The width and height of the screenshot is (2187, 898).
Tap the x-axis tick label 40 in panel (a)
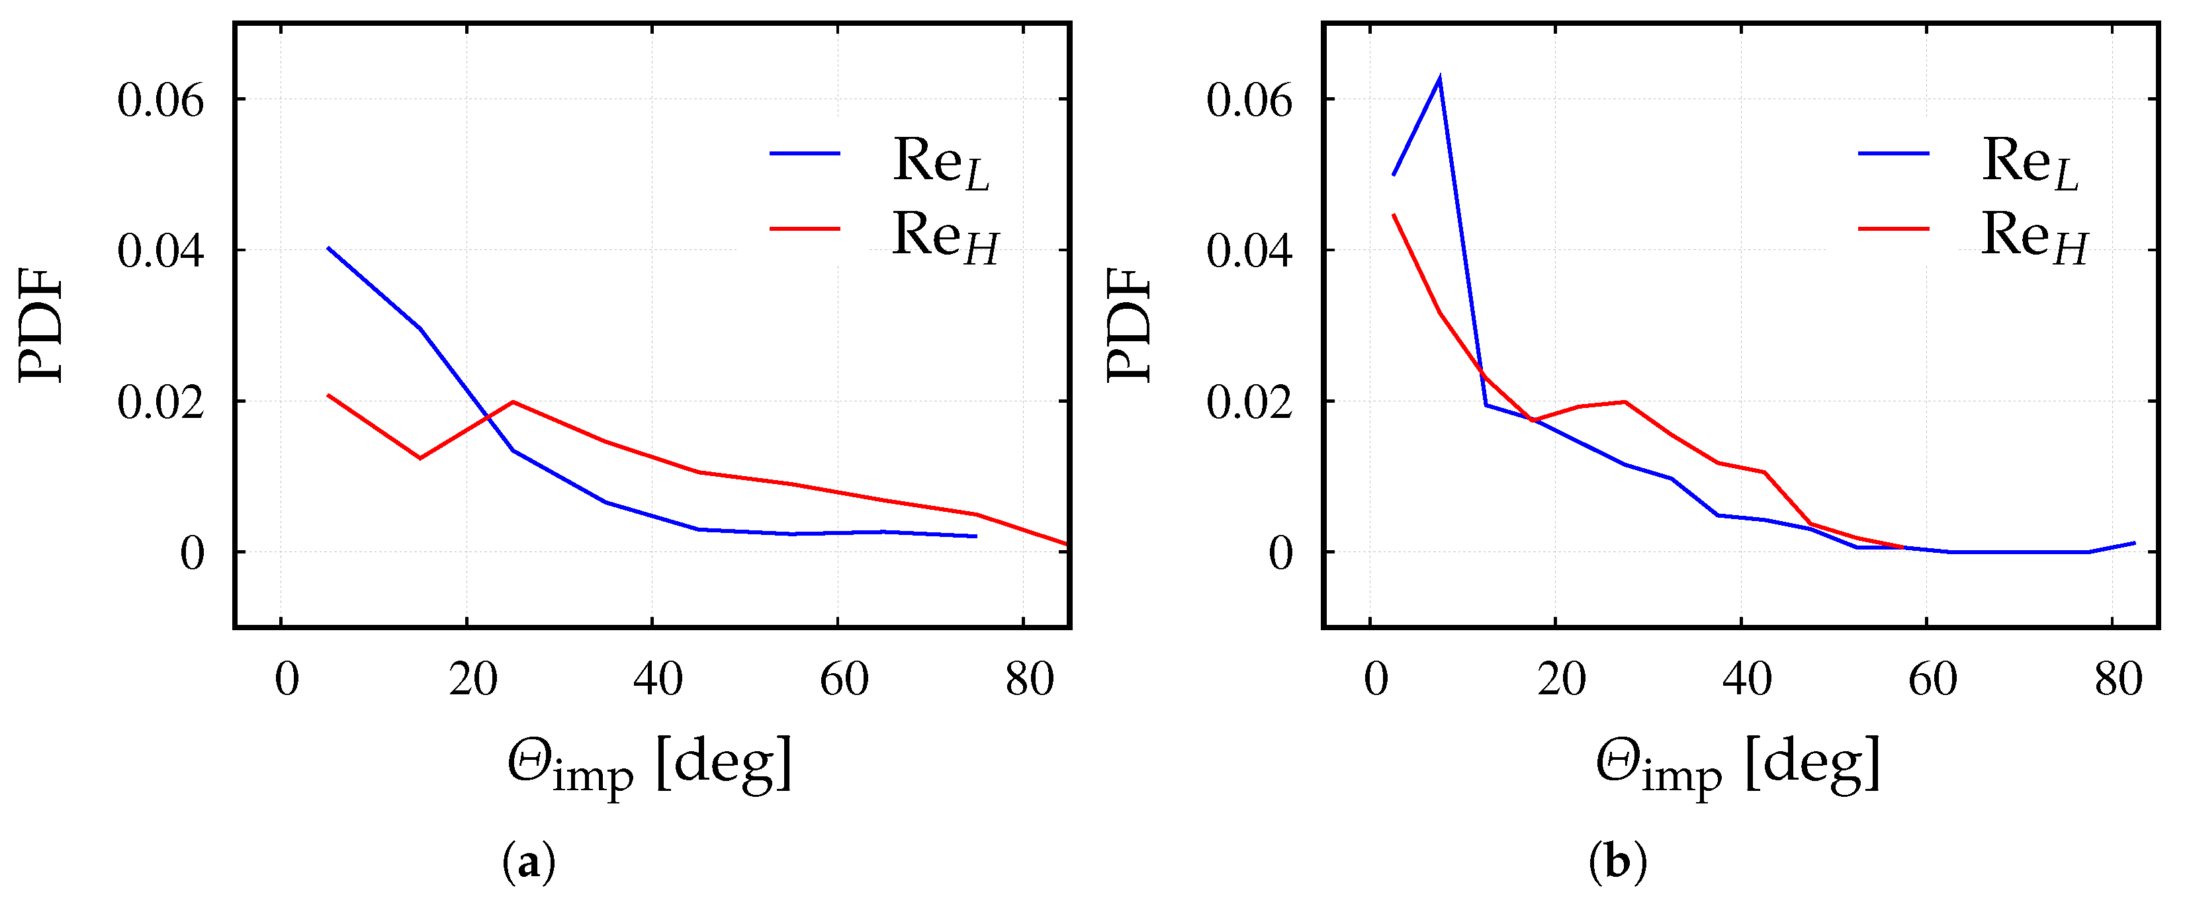(x=658, y=679)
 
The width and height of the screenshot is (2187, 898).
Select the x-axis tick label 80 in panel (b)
(x=2118, y=679)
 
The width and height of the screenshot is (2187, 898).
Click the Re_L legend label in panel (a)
(x=941, y=161)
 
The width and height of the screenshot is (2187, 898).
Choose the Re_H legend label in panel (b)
(x=2034, y=237)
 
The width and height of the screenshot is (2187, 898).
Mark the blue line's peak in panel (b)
(x=1440, y=79)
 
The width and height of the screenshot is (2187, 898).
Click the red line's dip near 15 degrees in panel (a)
(x=420, y=458)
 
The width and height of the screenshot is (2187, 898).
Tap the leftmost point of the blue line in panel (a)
(x=328, y=248)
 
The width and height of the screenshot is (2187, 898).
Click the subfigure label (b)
(x=1617, y=863)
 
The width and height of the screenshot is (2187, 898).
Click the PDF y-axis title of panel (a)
(x=41, y=325)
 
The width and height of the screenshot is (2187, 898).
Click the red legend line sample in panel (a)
(x=804, y=228)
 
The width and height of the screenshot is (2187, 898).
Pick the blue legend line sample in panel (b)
(x=1893, y=153)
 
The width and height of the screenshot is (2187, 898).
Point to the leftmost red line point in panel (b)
(x=1393, y=215)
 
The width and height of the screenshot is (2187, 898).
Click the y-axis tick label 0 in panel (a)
(x=192, y=554)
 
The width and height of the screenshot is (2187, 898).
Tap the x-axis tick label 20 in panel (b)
(x=1561, y=679)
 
